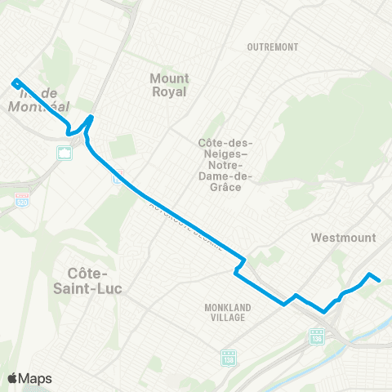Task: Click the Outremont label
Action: click(x=273, y=47)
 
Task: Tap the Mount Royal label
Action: click(x=169, y=85)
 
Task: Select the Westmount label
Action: click(x=344, y=238)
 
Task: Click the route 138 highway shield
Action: click(x=228, y=359)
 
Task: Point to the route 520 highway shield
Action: click(x=22, y=199)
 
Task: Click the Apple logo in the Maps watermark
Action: click(x=13, y=378)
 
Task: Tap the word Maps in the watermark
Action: click(x=36, y=378)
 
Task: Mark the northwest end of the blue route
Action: click(x=14, y=82)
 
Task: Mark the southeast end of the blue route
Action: click(x=380, y=280)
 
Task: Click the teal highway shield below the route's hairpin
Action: click(x=63, y=152)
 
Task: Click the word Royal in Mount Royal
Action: click(x=169, y=91)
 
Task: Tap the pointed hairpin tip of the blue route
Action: click(x=91, y=117)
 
